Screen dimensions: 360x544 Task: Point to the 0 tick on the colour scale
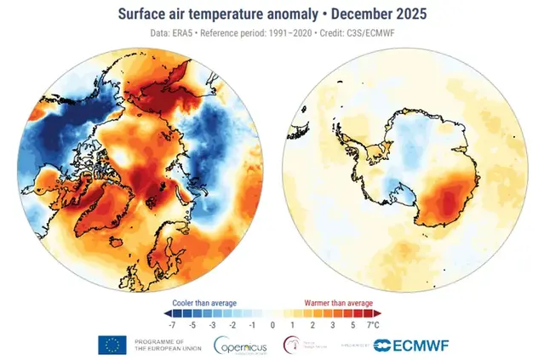click(273, 325)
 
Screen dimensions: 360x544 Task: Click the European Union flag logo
click(112, 345)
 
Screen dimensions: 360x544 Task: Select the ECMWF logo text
click(417, 346)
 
